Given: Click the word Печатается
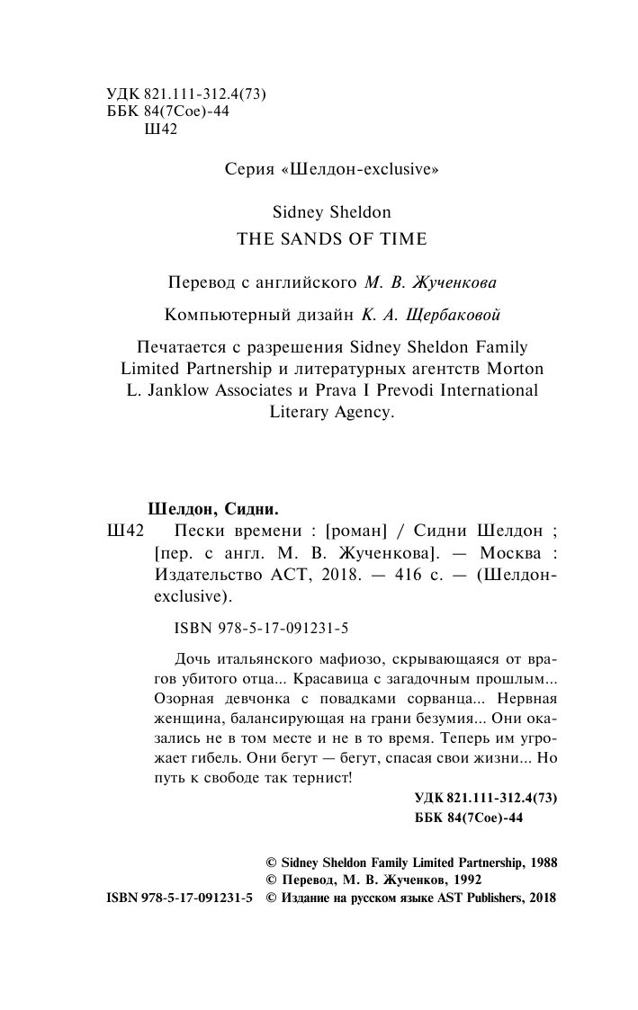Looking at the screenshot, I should click(184, 346).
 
